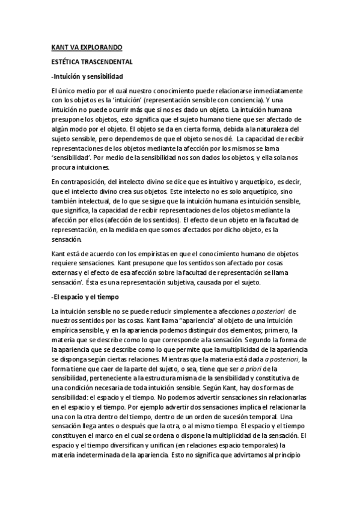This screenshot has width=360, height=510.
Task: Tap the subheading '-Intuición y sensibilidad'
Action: coord(88,77)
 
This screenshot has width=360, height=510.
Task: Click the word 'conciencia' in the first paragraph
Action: coord(230,100)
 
